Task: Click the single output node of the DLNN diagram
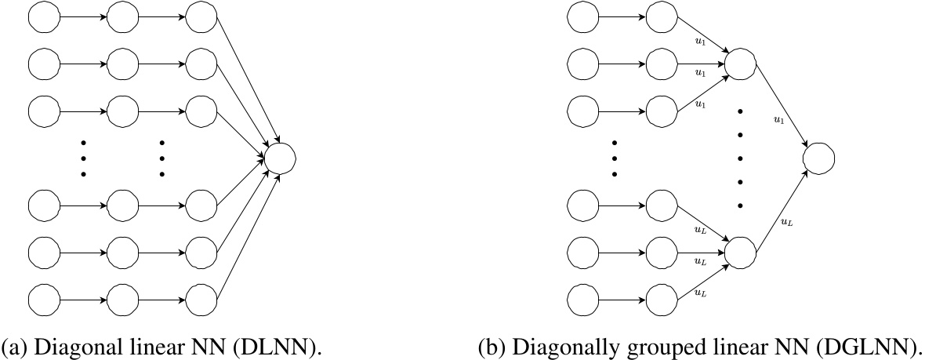[x=280, y=158]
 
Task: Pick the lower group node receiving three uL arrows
[x=740, y=252]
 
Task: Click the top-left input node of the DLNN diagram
[x=43, y=18]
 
